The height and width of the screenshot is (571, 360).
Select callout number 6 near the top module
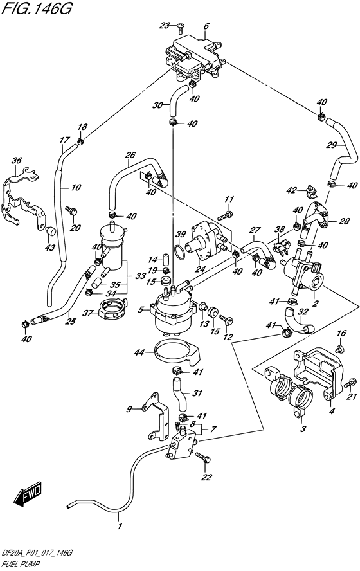(x=206, y=26)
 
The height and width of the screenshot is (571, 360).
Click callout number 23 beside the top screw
(x=165, y=26)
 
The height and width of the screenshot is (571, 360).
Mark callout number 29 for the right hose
(x=332, y=144)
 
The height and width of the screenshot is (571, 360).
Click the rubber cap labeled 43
(x=51, y=230)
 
